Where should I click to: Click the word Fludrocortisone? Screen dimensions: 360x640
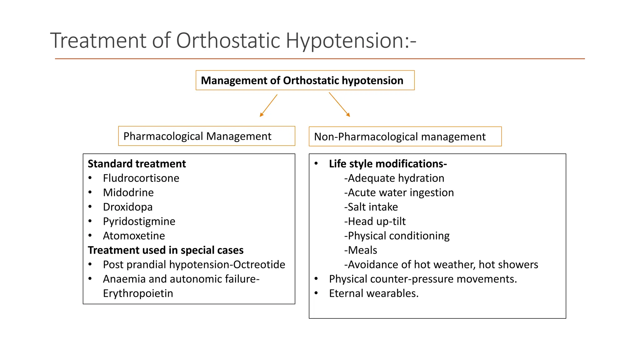tap(141, 178)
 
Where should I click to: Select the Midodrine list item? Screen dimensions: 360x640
tap(128, 192)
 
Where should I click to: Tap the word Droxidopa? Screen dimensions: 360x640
tap(127, 207)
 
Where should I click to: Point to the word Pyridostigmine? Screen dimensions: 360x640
tap(139, 221)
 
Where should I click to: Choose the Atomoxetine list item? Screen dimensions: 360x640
tap(134, 236)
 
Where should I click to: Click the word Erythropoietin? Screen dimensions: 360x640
tap(138, 293)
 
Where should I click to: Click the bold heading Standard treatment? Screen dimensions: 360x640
tap(137, 164)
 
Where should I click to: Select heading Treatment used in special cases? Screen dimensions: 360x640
tap(165, 250)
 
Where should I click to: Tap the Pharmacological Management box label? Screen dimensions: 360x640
tap(197, 136)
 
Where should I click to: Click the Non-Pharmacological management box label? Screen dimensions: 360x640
tap(399, 137)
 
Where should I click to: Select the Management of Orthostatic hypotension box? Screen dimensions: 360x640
tap(302, 80)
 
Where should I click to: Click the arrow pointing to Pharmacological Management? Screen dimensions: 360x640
tap(268, 106)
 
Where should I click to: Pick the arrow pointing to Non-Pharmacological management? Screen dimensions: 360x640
tap(339, 105)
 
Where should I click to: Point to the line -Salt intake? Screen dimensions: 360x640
tap(371, 207)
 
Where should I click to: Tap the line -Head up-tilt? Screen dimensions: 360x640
tap(375, 221)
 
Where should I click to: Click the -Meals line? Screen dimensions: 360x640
tap(361, 250)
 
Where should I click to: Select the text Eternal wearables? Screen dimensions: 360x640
tap(373, 293)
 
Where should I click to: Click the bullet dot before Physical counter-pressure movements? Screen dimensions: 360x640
tap(316, 278)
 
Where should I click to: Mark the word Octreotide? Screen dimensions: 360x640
tap(259, 264)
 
